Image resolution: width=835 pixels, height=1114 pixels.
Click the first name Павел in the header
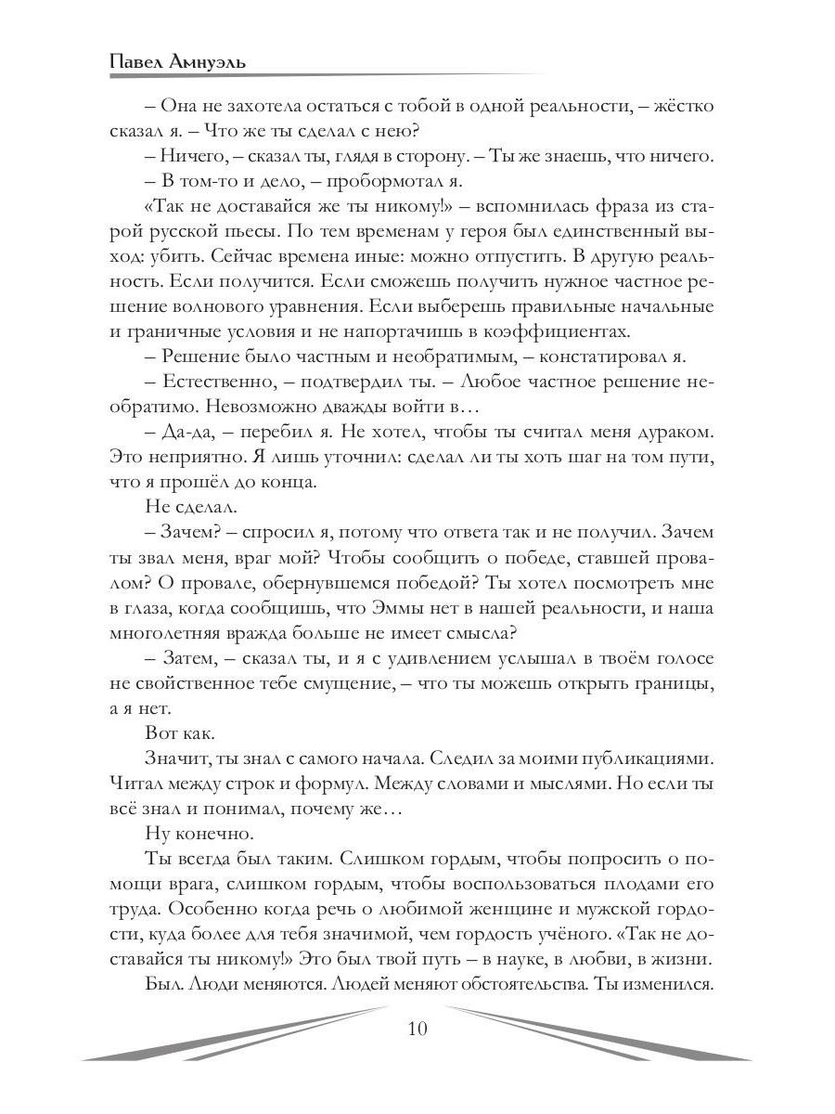137,61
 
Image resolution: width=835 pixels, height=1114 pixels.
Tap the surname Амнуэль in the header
214,61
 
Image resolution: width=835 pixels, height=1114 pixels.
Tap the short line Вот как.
180,734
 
